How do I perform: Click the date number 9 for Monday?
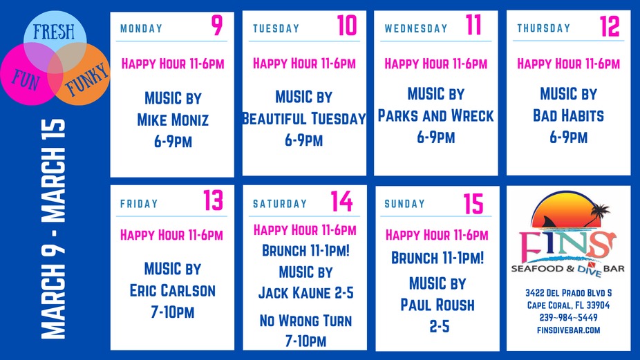[217, 26]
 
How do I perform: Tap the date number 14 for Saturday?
[341, 201]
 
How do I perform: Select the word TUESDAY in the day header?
[276, 29]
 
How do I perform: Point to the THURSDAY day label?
[544, 28]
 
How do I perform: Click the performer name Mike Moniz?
[173, 120]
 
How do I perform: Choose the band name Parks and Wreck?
[435, 116]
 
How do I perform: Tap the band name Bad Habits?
[568, 116]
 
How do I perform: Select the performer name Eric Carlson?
[172, 291]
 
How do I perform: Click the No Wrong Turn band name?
[305, 321]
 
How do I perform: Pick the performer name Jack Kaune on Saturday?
[305, 293]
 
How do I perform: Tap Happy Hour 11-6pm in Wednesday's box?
[436, 64]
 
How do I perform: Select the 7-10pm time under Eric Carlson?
[172, 312]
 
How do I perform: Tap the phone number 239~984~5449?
[569, 317]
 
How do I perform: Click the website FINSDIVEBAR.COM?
[569, 330]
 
